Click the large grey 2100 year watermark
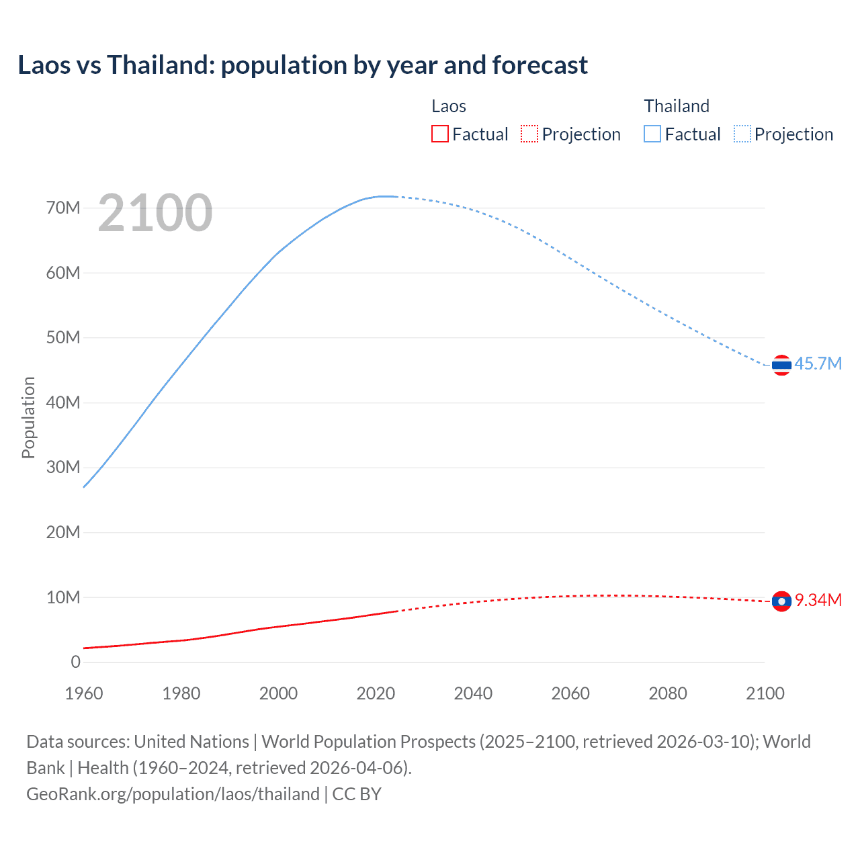(x=155, y=213)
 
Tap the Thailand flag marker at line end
(x=781, y=365)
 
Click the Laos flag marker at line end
(x=781, y=601)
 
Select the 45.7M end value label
(x=818, y=363)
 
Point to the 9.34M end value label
(x=818, y=600)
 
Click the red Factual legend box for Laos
(x=439, y=134)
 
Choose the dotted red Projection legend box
(x=529, y=134)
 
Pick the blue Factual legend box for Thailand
(x=652, y=134)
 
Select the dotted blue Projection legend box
(x=742, y=134)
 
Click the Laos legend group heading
(x=449, y=106)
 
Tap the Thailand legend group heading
(x=677, y=106)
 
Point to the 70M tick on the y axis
(x=63, y=208)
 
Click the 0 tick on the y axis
(x=75, y=662)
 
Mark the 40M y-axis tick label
(x=63, y=402)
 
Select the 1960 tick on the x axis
(x=84, y=693)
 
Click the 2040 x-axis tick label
(x=473, y=693)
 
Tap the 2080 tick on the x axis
(x=668, y=693)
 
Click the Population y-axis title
(x=28, y=417)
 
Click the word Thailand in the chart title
(x=160, y=65)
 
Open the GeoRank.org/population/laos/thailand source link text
(x=173, y=793)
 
